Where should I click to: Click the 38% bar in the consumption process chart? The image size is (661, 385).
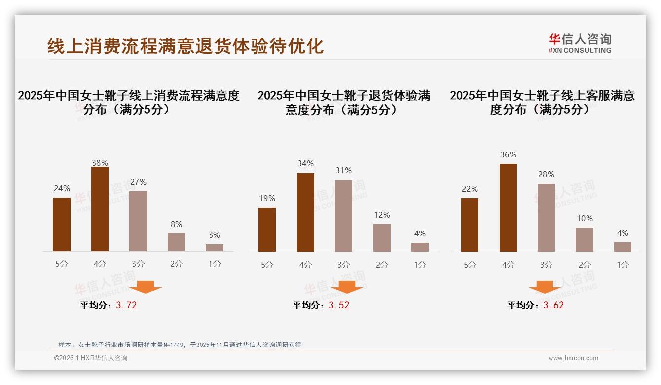click(100, 209)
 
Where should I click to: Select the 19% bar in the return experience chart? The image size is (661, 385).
click(267, 230)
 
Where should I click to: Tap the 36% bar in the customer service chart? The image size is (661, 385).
click(508, 208)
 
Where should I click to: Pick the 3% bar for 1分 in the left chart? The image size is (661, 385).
click(215, 248)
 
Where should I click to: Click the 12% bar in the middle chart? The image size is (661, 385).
click(382, 238)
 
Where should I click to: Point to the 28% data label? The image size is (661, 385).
click(546, 174)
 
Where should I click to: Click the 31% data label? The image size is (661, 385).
click(343, 170)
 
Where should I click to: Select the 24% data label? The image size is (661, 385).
click(62, 188)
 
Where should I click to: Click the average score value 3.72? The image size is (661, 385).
click(126, 305)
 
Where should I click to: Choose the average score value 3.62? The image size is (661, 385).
click(553, 305)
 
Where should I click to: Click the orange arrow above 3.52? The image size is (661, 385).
click(347, 287)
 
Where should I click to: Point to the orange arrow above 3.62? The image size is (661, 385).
click(545, 287)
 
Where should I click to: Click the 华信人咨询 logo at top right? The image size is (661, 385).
click(580, 43)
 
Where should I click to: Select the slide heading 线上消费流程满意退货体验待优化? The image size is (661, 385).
click(185, 46)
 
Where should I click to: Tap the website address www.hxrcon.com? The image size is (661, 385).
click(573, 358)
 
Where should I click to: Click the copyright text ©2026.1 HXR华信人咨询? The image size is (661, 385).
click(91, 358)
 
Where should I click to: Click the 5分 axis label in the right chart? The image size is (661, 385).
click(470, 265)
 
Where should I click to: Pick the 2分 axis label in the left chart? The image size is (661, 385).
click(176, 264)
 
